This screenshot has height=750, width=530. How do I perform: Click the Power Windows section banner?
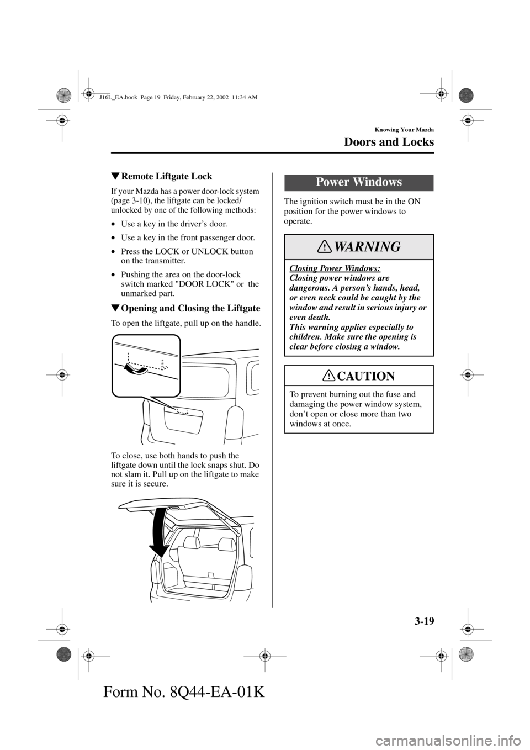click(x=358, y=182)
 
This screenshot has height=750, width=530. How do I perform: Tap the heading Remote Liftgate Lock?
click(x=166, y=176)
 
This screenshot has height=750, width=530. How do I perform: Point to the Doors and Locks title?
click(x=389, y=142)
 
